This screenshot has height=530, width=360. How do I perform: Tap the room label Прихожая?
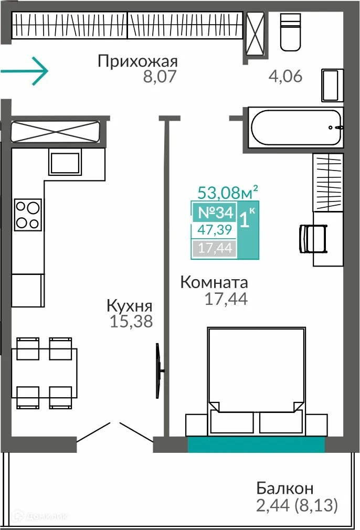(x=137, y=62)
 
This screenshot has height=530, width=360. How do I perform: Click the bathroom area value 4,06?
(x=285, y=77)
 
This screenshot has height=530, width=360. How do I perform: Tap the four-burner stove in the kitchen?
(x=28, y=214)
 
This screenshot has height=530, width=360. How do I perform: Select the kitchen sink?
(x=65, y=162)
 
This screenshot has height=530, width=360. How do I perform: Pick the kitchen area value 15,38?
(x=131, y=321)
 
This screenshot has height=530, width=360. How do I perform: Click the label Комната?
(x=214, y=283)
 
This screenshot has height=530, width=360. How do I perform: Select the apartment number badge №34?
(x=214, y=213)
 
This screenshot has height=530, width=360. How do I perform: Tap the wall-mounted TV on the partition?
(x=159, y=372)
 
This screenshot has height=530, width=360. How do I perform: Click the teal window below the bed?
(x=256, y=444)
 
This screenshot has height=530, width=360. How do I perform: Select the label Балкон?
(x=284, y=489)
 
